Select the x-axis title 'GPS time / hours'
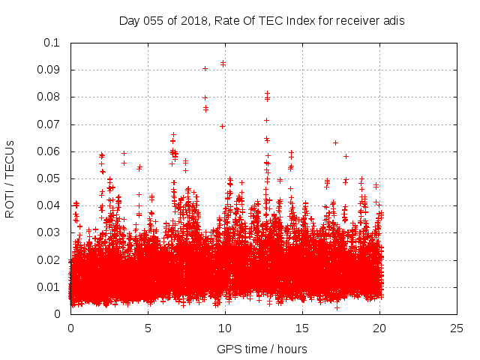point(262,349)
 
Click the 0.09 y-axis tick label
point(51,70)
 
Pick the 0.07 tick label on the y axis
point(51,124)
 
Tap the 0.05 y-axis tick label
point(51,178)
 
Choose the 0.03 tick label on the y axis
point(51,232)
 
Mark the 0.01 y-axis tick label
point(51,287)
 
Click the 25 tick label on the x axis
point(457,328)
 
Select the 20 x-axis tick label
point(379,328)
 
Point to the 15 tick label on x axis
point(302,328)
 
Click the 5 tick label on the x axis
point(148,328)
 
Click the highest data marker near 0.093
point(223,62)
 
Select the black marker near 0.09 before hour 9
point(205,68)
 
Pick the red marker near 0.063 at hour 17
point(335,142)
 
